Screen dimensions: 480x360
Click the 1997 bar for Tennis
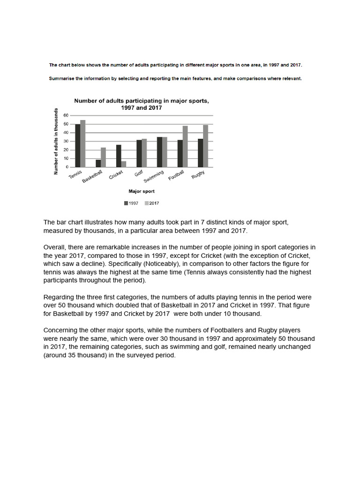click(x=77, y=146)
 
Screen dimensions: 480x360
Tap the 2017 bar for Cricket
click(x=123, y=164)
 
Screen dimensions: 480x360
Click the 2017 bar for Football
click(x=185, y=146)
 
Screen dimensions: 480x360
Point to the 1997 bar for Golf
click(x=139, y=153)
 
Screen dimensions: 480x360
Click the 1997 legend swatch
click(x=126, y=203)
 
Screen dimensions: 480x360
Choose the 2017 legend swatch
click(x=146, y=203)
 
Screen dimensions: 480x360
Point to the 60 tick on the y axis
click(x=66, y=115)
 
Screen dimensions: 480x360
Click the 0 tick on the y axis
click(x=67, y=167)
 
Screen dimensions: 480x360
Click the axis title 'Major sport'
click(x=142, y=191)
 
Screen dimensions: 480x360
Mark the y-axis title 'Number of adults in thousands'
click(x=56, y=142)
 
